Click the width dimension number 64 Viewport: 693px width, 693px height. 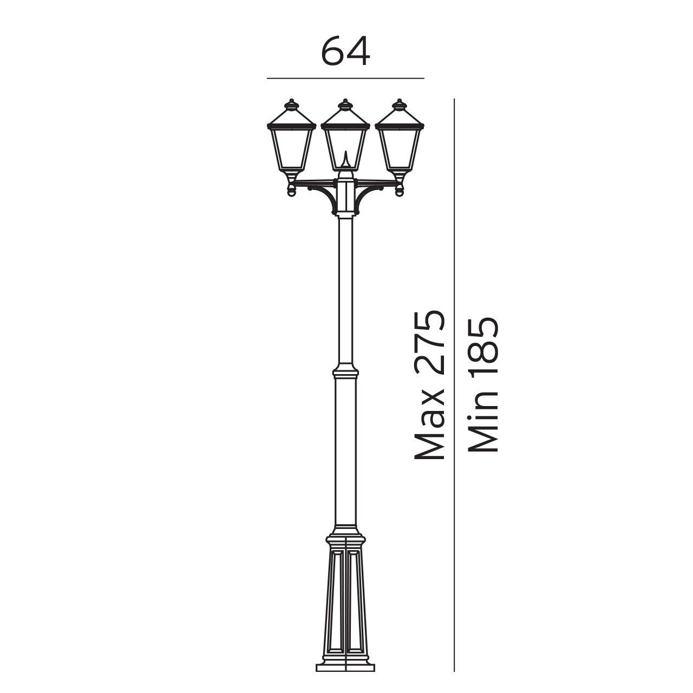pyautogui.click(x=345, y=52)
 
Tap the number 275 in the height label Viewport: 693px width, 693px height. pyautogui.click(x=430, y=342)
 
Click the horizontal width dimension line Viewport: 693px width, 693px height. pyautogui.click(x=345, y=79)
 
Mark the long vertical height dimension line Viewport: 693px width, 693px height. pyautogui.click(x=454, y=379)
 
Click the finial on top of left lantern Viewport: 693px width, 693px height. pyautogui.click(x=291, y=102)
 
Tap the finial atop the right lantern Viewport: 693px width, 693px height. pyautogui.click(x=400, y=102)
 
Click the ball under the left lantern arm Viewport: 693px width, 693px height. pyautogui.click(x=291, y=190)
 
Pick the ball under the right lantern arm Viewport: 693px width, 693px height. pyautogui.click(x=400, y=190)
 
